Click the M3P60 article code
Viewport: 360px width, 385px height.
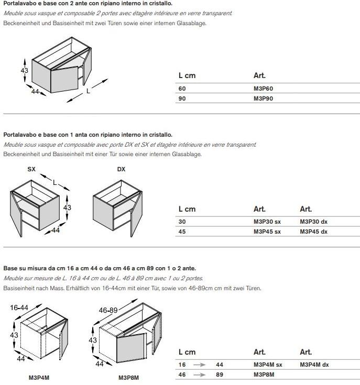click(x=263, y=89)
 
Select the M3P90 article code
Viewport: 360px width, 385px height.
click(x=263, y=98)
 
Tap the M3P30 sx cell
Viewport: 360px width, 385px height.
click(x=267, y=222)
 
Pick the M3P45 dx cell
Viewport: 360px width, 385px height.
click(x=313, y=232)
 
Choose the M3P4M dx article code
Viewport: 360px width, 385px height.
click(x=314, y=365)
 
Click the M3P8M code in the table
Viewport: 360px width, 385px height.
click(x=264, y=375)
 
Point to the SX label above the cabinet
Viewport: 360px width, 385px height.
click(x=31, y=169)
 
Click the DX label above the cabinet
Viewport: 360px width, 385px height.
click(x=121, y=169)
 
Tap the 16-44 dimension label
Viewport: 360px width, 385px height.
click(x=19, y=307)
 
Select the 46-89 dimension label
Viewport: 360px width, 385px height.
click(x=108, y=310)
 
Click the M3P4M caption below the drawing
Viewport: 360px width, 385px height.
click(x=39, y=377)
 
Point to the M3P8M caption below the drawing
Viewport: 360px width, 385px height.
click(x=128, y=377)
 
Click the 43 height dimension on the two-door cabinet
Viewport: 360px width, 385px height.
click(x=24, y=71)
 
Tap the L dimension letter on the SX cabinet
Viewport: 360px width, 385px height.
click(x=55, y=182)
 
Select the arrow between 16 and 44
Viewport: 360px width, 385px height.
click(x=199, y=365)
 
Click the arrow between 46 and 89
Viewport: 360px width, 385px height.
click(x=199, y=375)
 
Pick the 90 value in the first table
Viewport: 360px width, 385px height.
click(x=182, y=98)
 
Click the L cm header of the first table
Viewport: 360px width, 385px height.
click(x=187, y=75)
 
